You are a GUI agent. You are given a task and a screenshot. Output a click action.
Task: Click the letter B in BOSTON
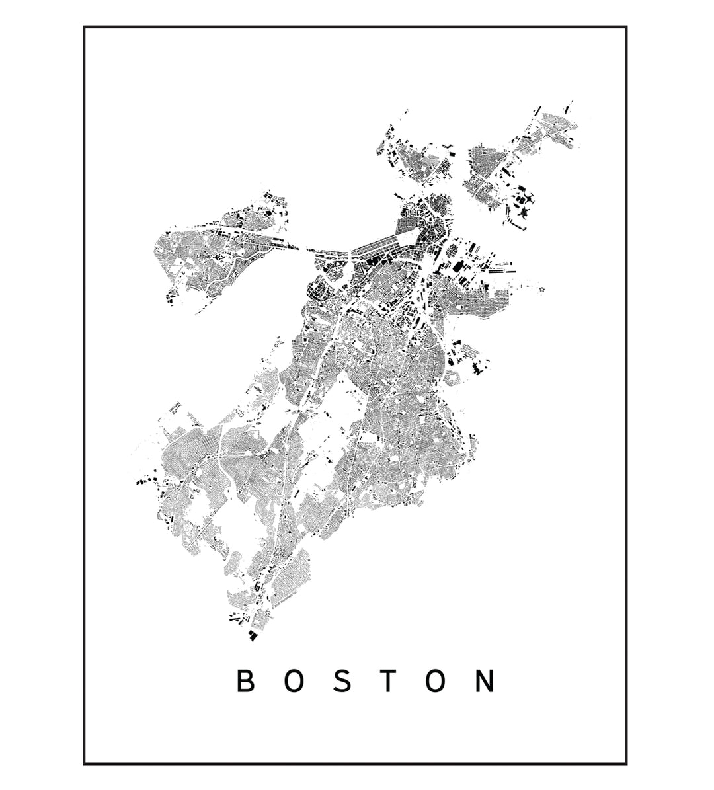[x=245, y=682]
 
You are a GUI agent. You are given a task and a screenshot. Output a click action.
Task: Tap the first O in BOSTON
[x=294, y=682]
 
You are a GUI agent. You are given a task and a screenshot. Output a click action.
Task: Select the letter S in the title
[x=342, y=682]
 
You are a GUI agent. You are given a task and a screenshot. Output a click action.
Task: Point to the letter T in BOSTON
[x=388, y=682]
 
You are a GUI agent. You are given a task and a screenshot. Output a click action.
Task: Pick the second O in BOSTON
[x=435, y=682]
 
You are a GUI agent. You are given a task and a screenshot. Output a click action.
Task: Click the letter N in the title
[x=485, y=682]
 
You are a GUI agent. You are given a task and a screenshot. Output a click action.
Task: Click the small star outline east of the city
[x=542, y=290]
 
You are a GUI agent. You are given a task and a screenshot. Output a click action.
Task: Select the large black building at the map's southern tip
[x=252, y=635]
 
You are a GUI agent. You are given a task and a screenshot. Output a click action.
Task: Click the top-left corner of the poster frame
[x=85, y=28]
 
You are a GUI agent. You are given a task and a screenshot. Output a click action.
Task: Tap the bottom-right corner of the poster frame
[x=625, y=764]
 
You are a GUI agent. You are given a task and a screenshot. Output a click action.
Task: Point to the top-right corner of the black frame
[x=625, y=28]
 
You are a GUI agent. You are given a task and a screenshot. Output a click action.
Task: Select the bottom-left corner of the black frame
[x=85, y=764]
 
